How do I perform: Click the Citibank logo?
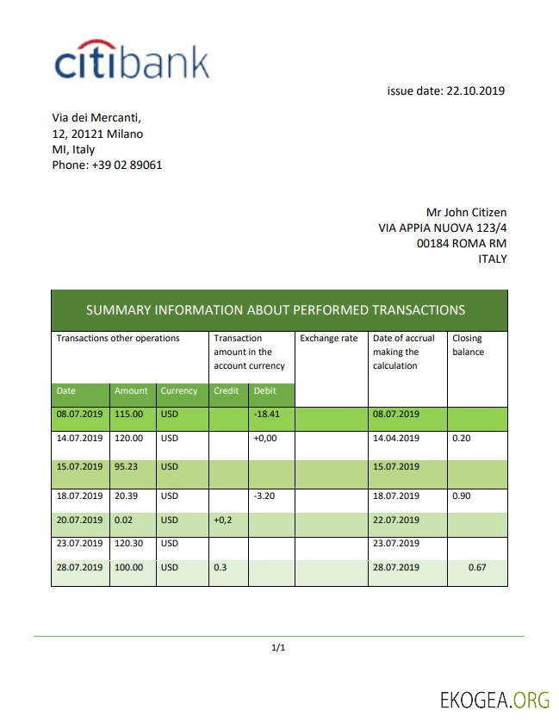click(x=132, y=61)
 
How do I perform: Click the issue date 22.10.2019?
click(x=446, y=90)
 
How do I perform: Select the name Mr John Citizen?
click(x=466, y=212)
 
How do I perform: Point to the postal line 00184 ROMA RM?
click(x=461, y=243)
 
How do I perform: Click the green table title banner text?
click(x=276, y=310)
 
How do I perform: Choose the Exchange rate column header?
click(x=328, y=339)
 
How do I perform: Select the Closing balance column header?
click(x=468, y=345)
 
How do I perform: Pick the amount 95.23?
click(x=128, y=467)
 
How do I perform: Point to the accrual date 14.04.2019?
click(x=396, y=438)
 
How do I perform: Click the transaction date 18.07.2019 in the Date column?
click(x=79, y=496)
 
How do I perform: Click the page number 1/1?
click(x=278, y=647)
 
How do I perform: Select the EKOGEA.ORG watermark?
click(x=493, y=698)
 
